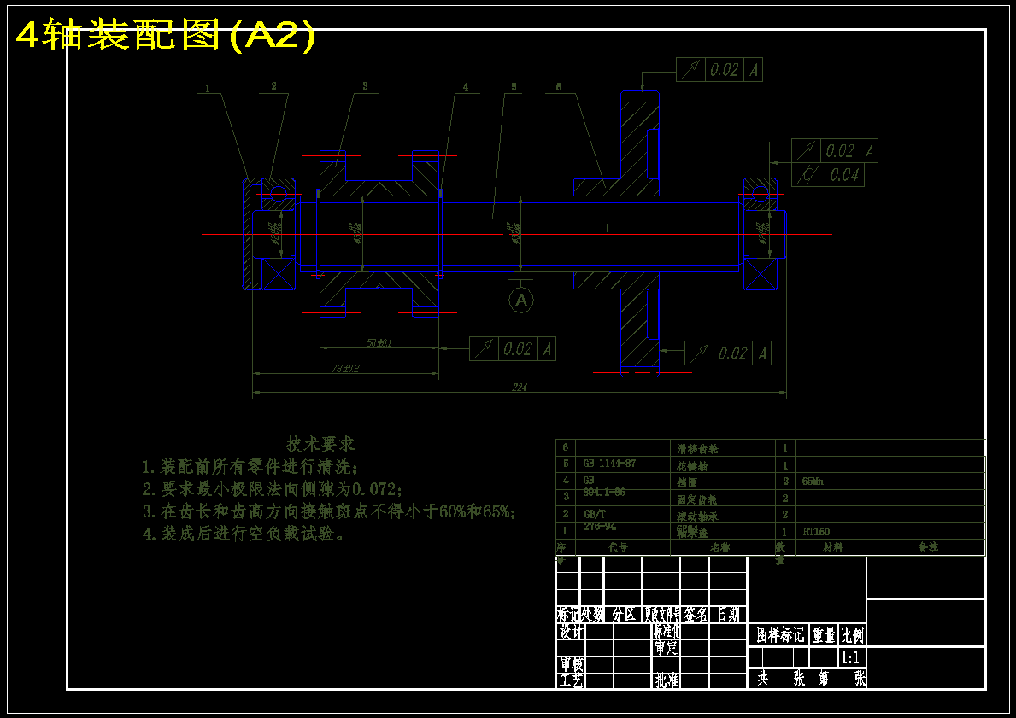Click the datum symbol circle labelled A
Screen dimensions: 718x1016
(521, 300)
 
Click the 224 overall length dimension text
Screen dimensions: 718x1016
(520, 387)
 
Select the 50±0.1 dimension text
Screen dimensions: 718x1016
(379, 342)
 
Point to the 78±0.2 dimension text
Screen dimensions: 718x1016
(346, 368)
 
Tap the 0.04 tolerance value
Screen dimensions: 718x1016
(843, 175)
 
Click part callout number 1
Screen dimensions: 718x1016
(208, 87)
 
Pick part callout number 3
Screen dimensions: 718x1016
(364, 86)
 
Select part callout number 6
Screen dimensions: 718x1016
(558, 86)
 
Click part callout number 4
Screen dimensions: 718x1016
(466, 87)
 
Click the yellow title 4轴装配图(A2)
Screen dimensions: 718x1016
(166, 36)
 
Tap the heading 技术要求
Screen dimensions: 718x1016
(320, 444)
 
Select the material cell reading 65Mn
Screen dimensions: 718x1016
(813, 481)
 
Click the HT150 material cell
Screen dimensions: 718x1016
(816, 531)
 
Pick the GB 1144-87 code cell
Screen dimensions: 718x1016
(609, 463)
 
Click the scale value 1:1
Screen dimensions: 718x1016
(850, 657)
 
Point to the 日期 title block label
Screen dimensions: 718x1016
(728, 614)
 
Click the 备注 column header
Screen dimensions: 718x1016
(928, 546)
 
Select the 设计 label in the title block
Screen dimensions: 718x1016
(571, 633)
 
